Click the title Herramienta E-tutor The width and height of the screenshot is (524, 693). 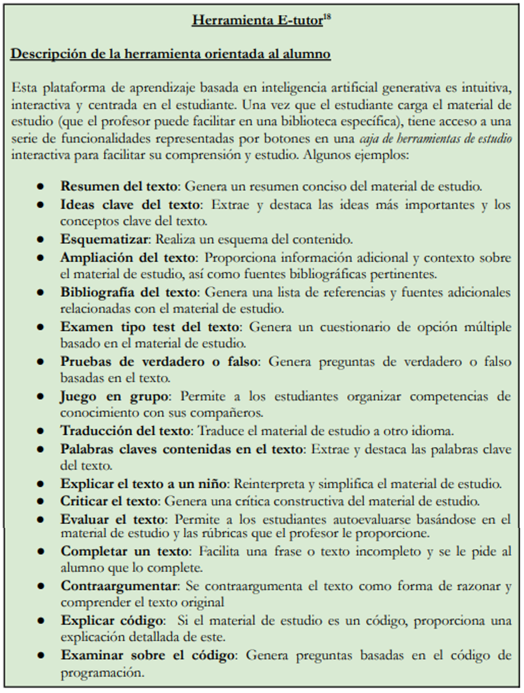click(x=257, y=21)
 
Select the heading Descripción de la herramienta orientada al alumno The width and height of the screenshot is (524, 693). click(x=171, y=54)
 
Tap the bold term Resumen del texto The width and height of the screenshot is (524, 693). click(x=119, y=186)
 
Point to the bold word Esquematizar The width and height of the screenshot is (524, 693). click(x=104, y=239)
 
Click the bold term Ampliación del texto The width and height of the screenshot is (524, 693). click(x=128, y=258)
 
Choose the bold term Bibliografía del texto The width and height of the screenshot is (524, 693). click(x=128, y=292)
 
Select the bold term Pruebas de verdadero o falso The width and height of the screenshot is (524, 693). click(x=159, y=362)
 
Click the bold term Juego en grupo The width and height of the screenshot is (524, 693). click(x=114, y=396)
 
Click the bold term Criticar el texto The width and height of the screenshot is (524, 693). click(x=109, y=501)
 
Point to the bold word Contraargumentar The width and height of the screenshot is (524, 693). click(x=119, y=586)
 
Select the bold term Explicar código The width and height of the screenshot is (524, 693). click(x=112, y=620)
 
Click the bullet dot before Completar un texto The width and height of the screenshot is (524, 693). click(x=40, y=551)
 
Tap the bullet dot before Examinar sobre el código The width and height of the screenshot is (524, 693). click(x=40, y=655)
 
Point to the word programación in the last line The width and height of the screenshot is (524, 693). click(x=102, y=672)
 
